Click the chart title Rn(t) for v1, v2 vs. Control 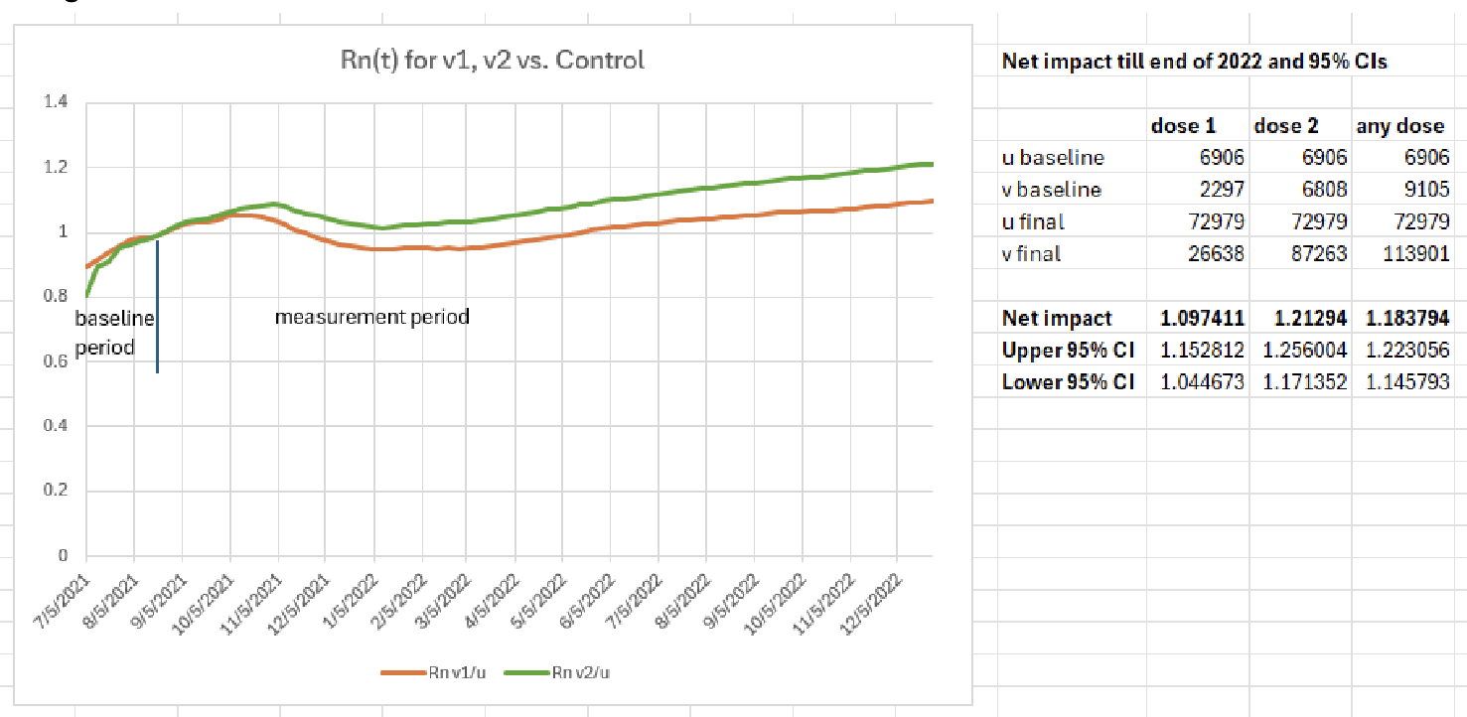click(492, 61)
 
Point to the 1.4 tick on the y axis click(59, 102)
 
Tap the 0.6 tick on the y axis click(59, 361)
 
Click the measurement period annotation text click(371, 318)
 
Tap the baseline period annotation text click(113, 334)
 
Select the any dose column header click(1401, 126)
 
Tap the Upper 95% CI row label click(1068, 351)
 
